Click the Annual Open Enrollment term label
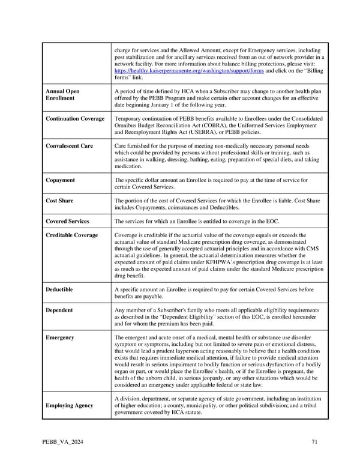pyautogui.click(x=62, y=95)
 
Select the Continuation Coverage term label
pyautogui.click(x=75, y=119)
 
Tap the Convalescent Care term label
pyautogui.click(x=70, y=146)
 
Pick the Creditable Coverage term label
pyautogui.click(x=72, y=235)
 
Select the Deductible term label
pyautogui.click(x=59, y=289)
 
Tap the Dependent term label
pyautogui.click(x=59, y=310)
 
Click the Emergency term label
pyautogui.click(x=60, y=337)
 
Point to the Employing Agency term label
pyautogui.click(x=70, y=405)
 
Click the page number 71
pyautogui.click(x=314, y=442)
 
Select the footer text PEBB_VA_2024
pyautogui.click(x=63, y=442)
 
